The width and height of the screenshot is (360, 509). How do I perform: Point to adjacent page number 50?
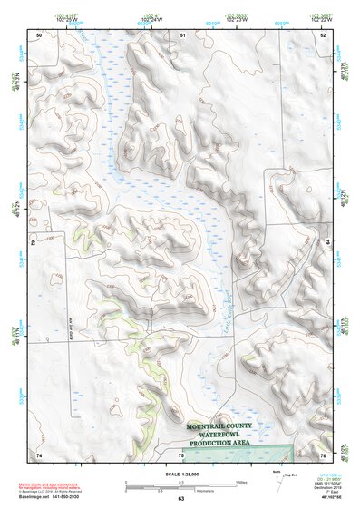[39, 34]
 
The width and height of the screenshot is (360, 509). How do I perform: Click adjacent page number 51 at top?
[182, 34]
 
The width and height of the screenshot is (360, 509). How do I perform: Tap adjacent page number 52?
[323, 34]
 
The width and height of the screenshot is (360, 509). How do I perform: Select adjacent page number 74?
[39, 454]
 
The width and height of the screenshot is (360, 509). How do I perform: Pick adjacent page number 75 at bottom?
[180, 454]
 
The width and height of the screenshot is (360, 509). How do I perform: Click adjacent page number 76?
[323, 454]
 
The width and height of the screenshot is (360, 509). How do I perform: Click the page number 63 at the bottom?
[180, 500]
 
